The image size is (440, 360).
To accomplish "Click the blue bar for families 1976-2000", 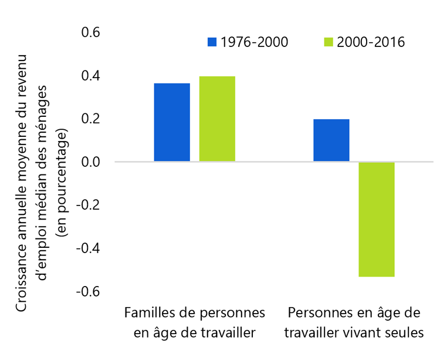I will (172, 122).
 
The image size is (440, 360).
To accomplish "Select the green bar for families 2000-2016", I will (217, 119).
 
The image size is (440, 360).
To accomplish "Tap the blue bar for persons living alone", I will (331, 140).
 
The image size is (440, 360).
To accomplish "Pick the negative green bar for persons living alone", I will (377, 219).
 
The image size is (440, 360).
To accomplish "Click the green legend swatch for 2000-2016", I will (329, 42).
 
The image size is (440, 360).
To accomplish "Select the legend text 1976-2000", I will (254, 42).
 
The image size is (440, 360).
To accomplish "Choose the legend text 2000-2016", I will (371, 42).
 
